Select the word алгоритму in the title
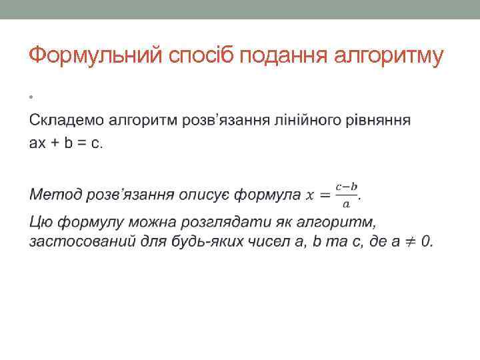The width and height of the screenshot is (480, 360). coord(393,56)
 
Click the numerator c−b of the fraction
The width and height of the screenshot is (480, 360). coord(347,187)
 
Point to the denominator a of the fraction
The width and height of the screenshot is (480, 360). coord(346,203)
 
